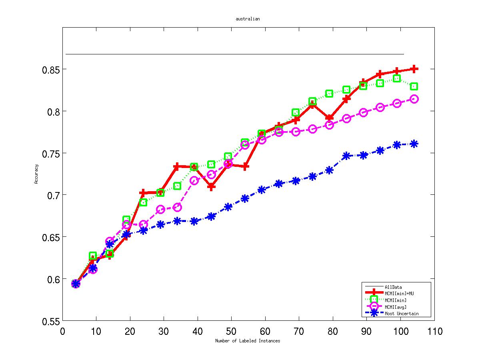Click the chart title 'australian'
[x=248, y=19]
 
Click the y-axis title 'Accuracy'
[x=36, y=174]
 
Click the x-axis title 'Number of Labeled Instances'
[x=248, y=341]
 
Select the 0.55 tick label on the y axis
[x=51, y=321]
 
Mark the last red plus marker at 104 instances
[x=414, y=69]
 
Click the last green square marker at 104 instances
[x=414, y=86]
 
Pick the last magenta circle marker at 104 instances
[x=414, y=99]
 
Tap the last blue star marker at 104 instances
[x=414, y=144]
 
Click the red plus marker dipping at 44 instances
[x=211, y=186]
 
